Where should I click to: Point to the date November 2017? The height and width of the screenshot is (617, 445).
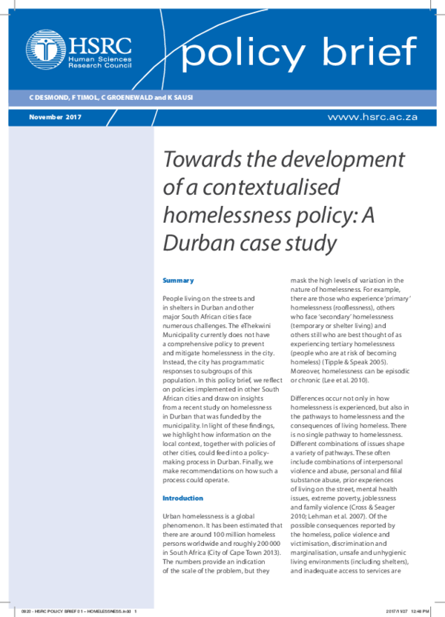pos(54,118)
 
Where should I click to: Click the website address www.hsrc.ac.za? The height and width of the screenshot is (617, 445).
pos(372,118)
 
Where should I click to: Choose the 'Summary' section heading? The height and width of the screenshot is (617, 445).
pos(178,281)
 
